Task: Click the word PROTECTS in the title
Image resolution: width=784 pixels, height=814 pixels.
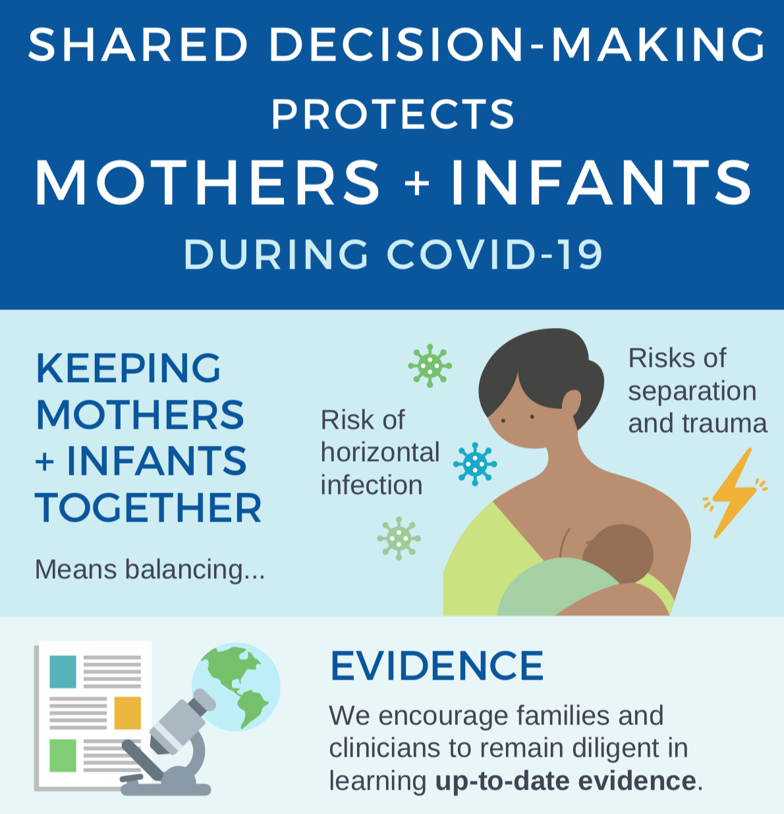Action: point(393,115)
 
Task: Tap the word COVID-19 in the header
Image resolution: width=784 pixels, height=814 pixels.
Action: point(495,254)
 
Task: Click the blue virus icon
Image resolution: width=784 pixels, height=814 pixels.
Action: point(475,464)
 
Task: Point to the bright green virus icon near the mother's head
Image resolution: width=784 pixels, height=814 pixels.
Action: point(430,365)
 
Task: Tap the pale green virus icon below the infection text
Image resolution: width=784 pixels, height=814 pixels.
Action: point(399,538)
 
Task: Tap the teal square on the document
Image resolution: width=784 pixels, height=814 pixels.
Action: point(63,671)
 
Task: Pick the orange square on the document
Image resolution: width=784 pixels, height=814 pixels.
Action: point(127,713)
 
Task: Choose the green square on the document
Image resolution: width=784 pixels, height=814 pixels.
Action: point(63,755)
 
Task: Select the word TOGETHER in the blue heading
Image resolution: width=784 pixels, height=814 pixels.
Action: point(149,508)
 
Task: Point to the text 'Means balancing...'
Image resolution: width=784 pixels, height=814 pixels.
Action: point(150,569)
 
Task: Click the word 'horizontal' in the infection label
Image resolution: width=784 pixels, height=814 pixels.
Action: point(380,452)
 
